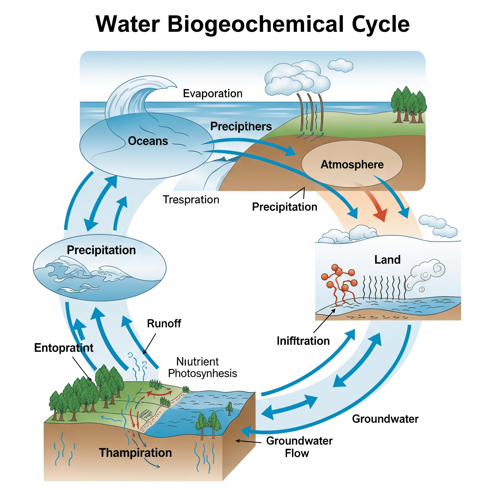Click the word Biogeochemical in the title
pos(256,24)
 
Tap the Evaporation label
pos(212,94)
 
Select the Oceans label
pos(148,141)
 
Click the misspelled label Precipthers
pos(241,126)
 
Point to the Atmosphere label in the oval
pos(352,165)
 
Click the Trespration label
pos(191,200)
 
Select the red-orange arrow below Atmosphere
pos(375,203)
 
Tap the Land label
pos(387,260)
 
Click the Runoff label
pos(164,323)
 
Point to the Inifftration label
pos(303,341)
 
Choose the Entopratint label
pos(64,348)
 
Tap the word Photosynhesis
pos(202,373)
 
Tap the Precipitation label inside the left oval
pos(101,250)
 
